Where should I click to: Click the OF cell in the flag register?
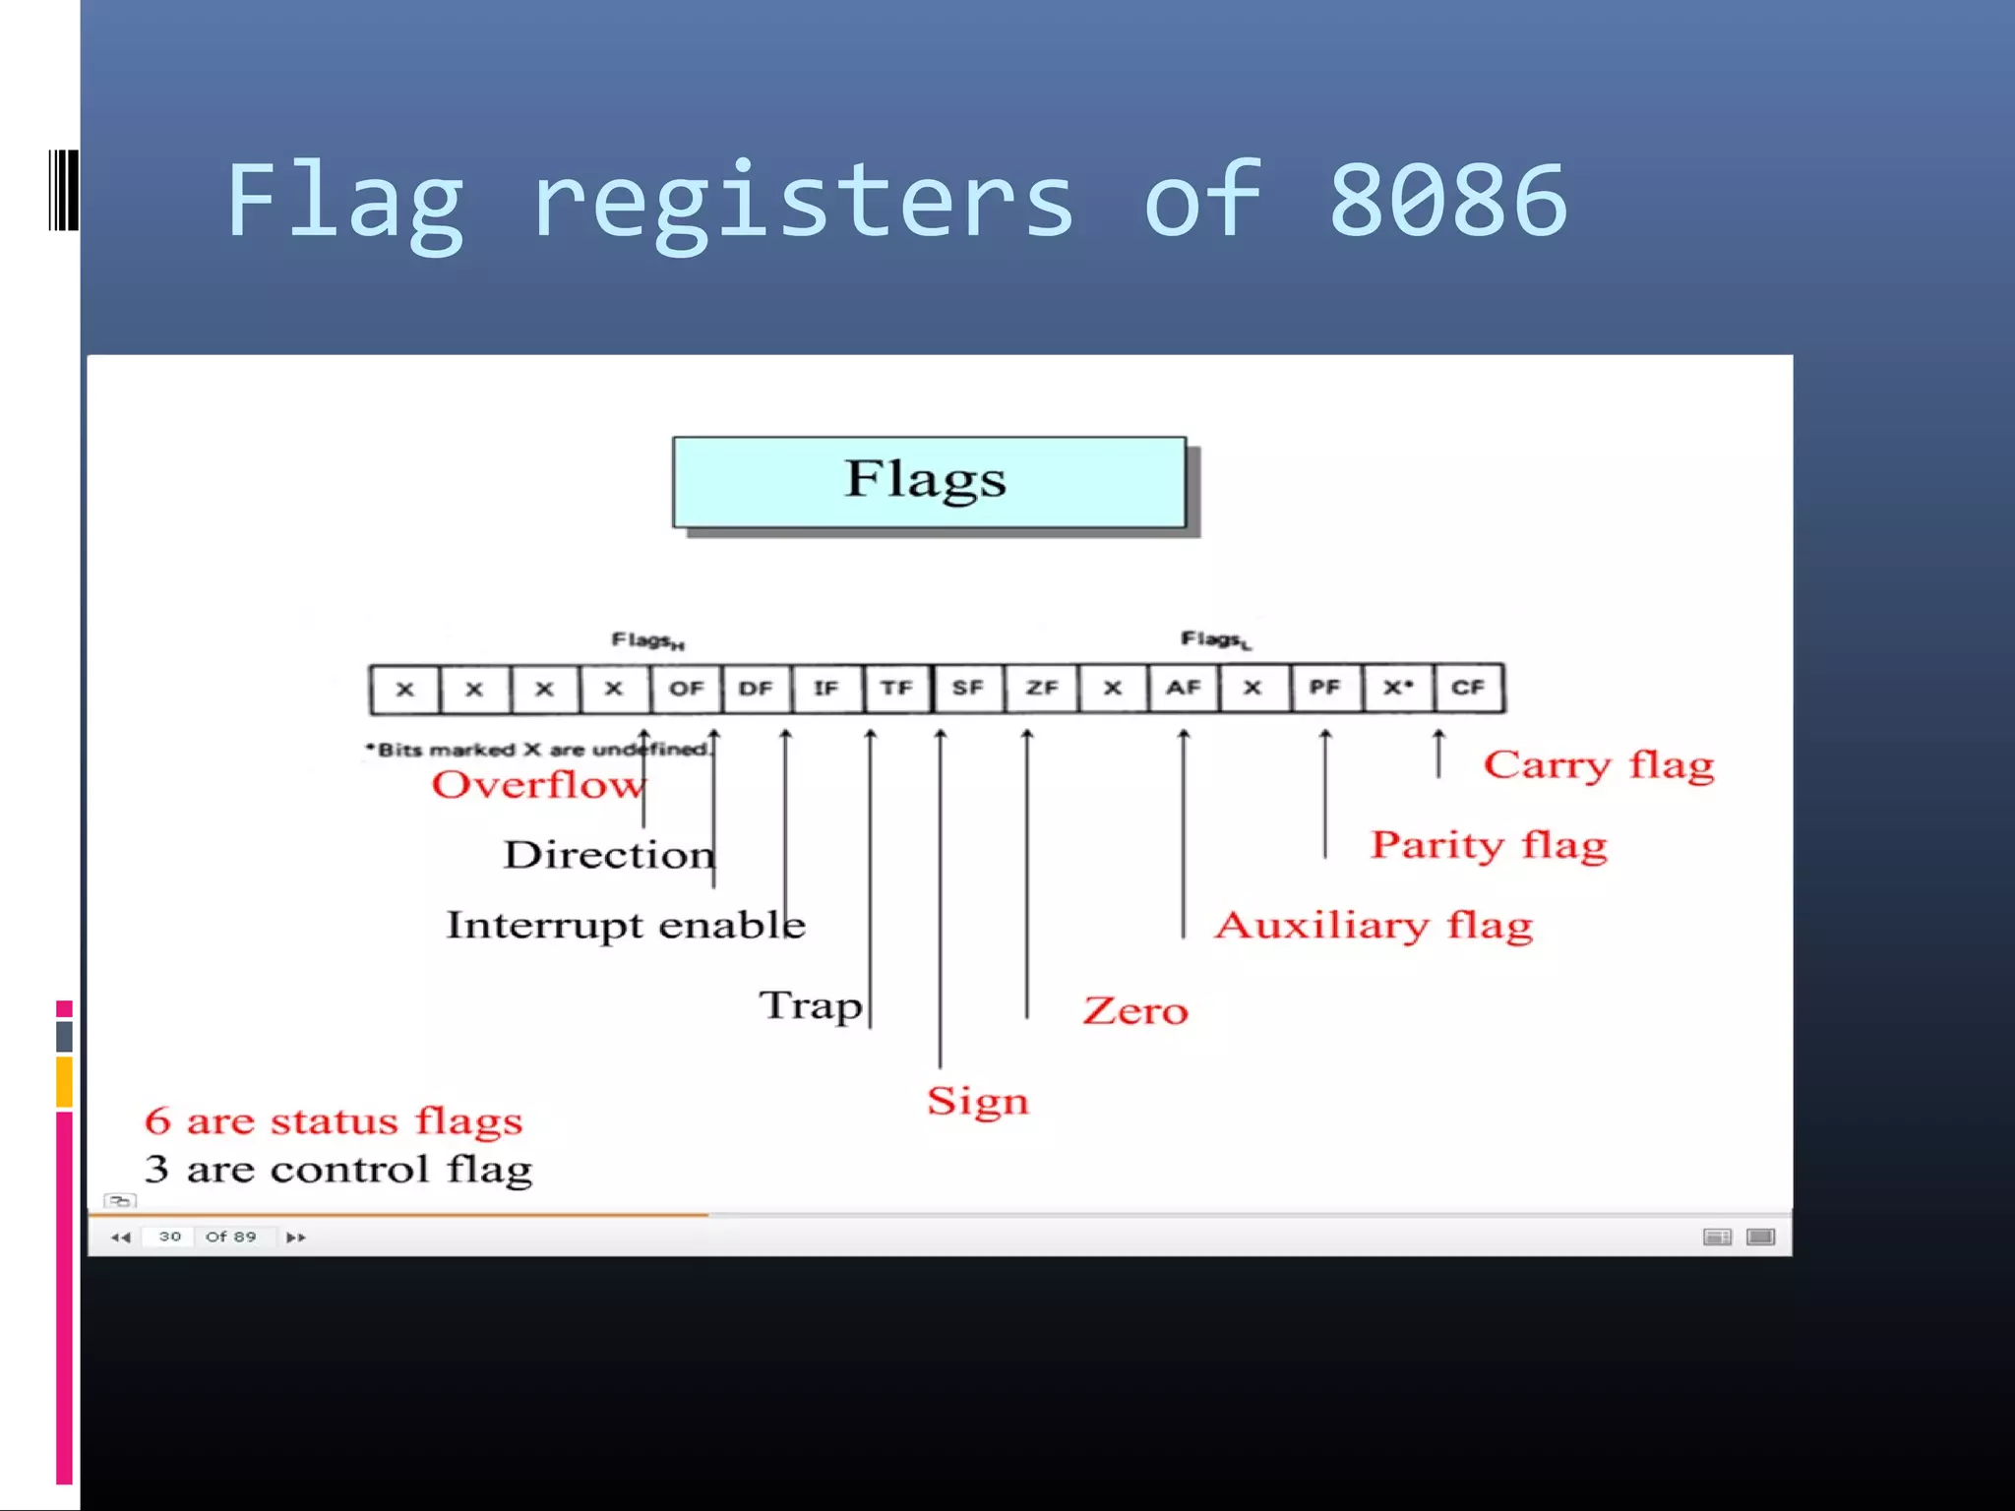coord(686,689)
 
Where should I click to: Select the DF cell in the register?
coord(756,689)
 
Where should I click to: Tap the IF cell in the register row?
coord(826,689)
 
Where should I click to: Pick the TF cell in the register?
coord(896,689)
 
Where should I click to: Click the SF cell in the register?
coord(968,689)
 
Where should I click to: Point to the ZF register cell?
coord(1041,689)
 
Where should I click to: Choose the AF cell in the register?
coord(1184,689)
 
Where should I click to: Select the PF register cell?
coord(1325,689)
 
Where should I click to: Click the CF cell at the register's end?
coord(1468,689)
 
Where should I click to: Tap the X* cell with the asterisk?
coord(1398,689)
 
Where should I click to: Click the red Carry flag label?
coord(1599,765)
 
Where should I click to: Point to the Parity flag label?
coord(1489,845)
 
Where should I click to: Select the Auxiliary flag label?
coord(1374,926)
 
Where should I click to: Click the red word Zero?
coord(1135,1011)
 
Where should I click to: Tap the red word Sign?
coord(978,1101)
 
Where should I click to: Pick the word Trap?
coord(811,1005)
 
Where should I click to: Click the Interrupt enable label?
coord(626,926)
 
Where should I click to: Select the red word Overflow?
coord(538,785)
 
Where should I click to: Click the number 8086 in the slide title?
coord(1447,202)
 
